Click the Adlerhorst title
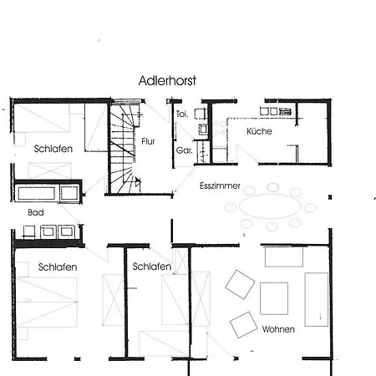coord(167,81)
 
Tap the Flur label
coord(148,141)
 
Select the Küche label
coord(259,131)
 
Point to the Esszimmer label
coord(220,185)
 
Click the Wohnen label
coord(278,329)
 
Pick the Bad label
coord(36,212)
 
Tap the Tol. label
coord(182,114)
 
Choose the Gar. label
coord(184,150)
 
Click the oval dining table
coord(271,206)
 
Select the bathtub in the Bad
coord(37,193)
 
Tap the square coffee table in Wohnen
coord(274,298)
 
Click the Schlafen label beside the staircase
coord(53,149)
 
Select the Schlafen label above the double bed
coord(58,267)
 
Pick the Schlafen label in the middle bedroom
coord(152,267)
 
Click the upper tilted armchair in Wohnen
coord(240,284)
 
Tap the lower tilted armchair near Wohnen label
coord(243,325)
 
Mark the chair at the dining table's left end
coord(231,207)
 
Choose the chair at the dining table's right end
coord(310,208)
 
